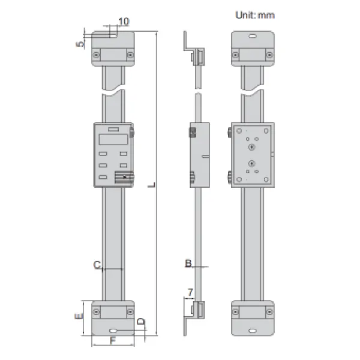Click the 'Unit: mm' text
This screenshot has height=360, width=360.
255,15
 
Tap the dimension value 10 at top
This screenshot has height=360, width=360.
124,22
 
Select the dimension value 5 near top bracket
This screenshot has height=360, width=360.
80,44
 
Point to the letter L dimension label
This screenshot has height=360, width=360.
152,185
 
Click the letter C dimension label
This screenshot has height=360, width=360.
97,265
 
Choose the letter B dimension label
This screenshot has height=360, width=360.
188,263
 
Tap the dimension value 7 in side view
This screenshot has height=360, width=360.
190,293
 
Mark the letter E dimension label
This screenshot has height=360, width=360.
79,316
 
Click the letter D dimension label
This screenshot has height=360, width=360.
141,322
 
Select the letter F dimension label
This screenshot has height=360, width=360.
113,341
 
